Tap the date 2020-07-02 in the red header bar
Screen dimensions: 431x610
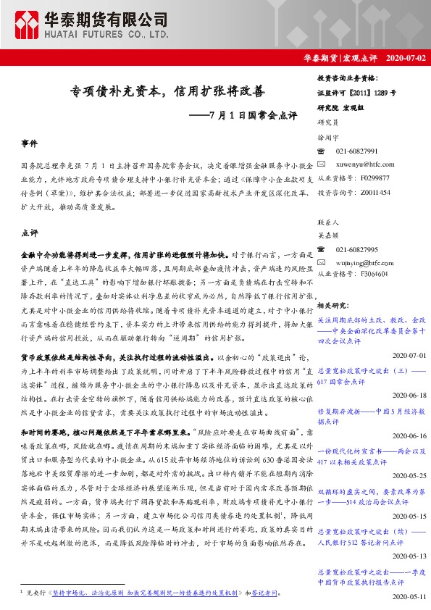click(407, 57)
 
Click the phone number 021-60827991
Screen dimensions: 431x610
click(357, 151)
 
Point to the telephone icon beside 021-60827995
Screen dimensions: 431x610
click(323, 248)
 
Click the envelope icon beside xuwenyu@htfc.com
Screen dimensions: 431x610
click(323, 164)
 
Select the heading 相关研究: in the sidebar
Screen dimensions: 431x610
click(333, 306)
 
